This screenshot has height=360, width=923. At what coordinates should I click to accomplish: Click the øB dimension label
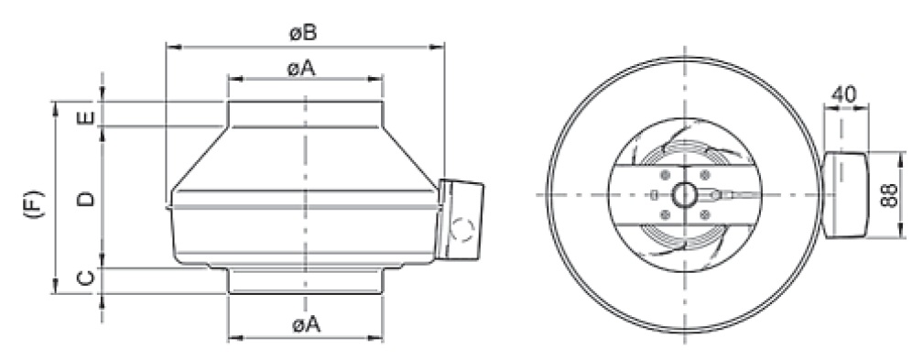point(303,33)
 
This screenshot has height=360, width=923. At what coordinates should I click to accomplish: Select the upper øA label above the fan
point(301,69)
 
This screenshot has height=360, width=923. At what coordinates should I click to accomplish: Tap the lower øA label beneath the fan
point(307,323)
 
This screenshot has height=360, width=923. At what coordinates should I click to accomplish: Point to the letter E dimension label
point(85,118)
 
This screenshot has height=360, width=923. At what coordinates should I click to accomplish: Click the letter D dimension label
point(85,199)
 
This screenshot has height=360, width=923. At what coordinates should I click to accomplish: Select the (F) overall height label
point(34,204)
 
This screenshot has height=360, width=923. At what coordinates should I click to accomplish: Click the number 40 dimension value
point(845,94)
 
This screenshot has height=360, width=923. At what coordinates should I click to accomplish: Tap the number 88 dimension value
point(890,195)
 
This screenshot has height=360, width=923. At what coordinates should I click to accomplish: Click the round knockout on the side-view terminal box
point(463,229)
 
